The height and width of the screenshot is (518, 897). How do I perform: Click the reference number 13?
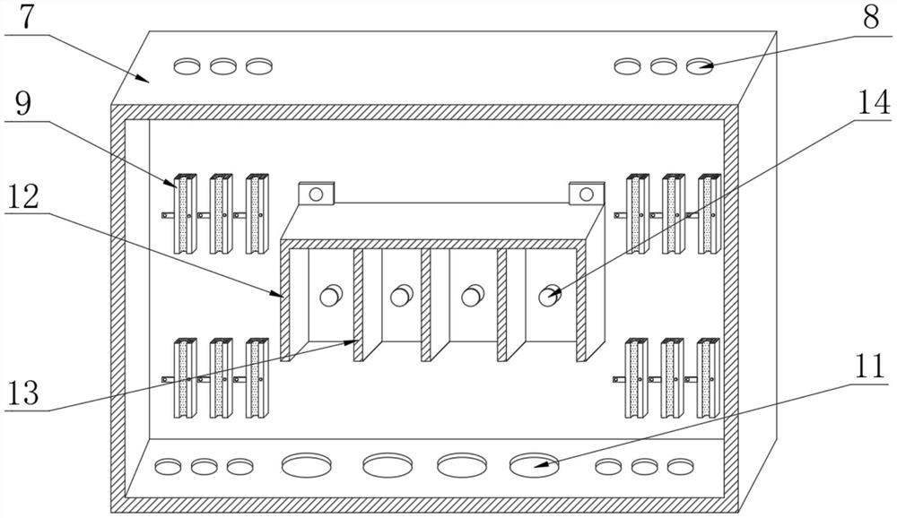point(25,393)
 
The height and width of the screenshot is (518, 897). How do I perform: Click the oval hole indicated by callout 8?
point(699,65)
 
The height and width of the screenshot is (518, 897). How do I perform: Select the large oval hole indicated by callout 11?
point(534,464)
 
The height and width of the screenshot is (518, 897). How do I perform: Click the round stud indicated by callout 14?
point(548,295)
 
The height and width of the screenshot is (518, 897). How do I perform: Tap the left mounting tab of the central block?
point(316,193)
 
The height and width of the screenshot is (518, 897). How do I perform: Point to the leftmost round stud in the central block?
point(331,295)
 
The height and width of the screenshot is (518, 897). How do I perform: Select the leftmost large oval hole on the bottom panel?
point(307,465)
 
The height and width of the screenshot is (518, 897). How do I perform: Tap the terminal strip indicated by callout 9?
point(184,213)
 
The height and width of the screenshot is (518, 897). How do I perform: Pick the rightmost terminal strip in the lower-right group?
point(709,377)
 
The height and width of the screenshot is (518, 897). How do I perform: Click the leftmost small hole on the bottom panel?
point(169,466)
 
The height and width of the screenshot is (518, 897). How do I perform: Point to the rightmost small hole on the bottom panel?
point(681,466)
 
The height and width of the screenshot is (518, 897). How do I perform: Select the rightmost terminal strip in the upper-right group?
point(709,213)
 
